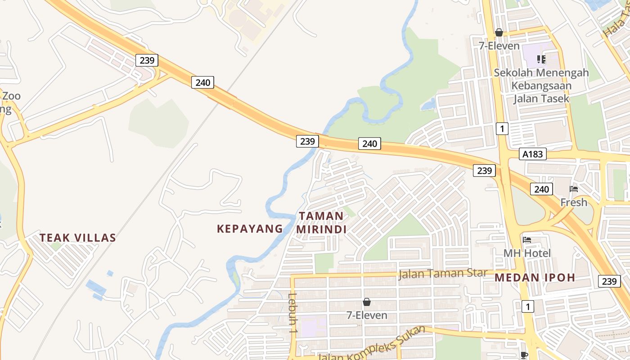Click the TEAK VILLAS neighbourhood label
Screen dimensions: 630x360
pyautogui.click(x=77, y=238)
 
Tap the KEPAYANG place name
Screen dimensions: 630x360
pyautogui.click(x=250, y=229)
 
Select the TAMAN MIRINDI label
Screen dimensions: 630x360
pyautogui.click(x=321, y=223)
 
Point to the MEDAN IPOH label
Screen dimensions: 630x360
pyautogui.click(x=535, y=278)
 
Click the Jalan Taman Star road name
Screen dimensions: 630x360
pyautogui.click(x=442, y=273)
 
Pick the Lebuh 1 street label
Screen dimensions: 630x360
pyautogui.click(x=293, y=313)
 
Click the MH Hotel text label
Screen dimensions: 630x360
pyautogui.click(x=526, y=253)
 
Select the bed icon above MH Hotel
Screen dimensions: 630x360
pyautogui.click(x=527, y=240)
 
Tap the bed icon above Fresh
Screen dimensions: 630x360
pyautogui.click(x=574, y=189)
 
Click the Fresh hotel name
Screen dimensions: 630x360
pyautogui.click(x=574, y=202)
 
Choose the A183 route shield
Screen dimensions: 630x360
pyautogui.click(x=532, y=154)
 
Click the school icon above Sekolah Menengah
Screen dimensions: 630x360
pyautogui.click(x=541, y=59)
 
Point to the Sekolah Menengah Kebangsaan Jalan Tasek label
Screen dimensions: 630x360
pyautogui.click(x=541, y=85)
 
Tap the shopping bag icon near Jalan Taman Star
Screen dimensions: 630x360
pyautogui.click(x=367, y=302)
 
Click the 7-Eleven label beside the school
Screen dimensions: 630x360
pyautogui.click(x=499, y=46)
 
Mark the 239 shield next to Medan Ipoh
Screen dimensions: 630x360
pyautogui.click(x=609, y=281)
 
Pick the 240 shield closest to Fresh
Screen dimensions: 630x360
pyautogui.click(x=541, y=189)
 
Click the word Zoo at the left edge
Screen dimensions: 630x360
pyautogui.click(x=11, y=96)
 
